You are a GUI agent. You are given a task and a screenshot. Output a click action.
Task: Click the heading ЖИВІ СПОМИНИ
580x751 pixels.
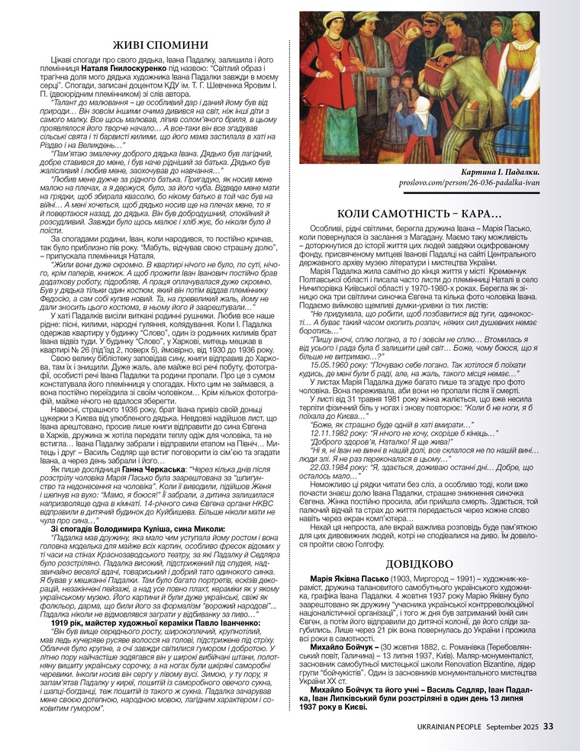155,44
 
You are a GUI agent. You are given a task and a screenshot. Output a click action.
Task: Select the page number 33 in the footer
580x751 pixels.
549,726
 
